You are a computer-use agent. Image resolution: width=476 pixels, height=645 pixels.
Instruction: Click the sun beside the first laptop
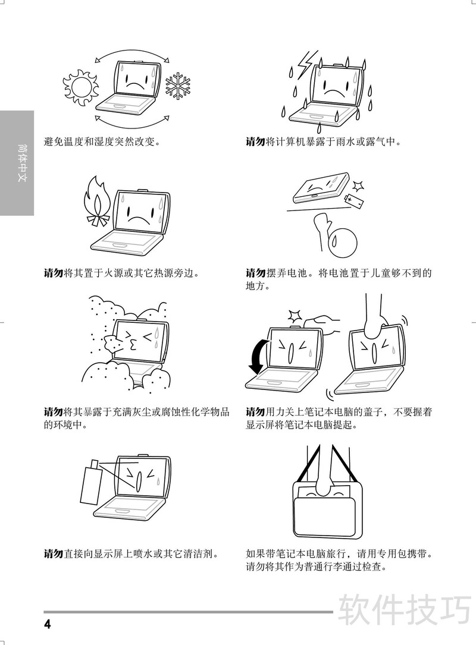(81, 87)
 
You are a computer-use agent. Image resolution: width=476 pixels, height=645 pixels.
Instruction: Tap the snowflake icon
(178, 86)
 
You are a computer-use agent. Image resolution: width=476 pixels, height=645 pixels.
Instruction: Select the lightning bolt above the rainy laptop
(306, 64)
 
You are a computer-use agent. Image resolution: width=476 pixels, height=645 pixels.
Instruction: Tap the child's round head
(343, 240)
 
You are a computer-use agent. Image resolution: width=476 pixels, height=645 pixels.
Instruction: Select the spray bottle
(90, 482)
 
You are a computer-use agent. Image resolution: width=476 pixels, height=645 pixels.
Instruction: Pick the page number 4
(48, 624)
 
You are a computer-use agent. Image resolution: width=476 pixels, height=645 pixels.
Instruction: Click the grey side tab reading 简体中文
(17, 163)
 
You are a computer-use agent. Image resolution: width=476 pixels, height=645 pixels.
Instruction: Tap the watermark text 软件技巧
(405, 610)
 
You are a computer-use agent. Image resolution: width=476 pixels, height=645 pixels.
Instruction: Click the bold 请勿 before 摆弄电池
(256, 273)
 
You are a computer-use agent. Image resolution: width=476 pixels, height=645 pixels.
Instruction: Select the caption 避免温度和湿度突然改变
(102, 142)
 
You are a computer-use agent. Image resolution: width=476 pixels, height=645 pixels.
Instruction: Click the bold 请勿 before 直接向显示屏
(54, 553)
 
